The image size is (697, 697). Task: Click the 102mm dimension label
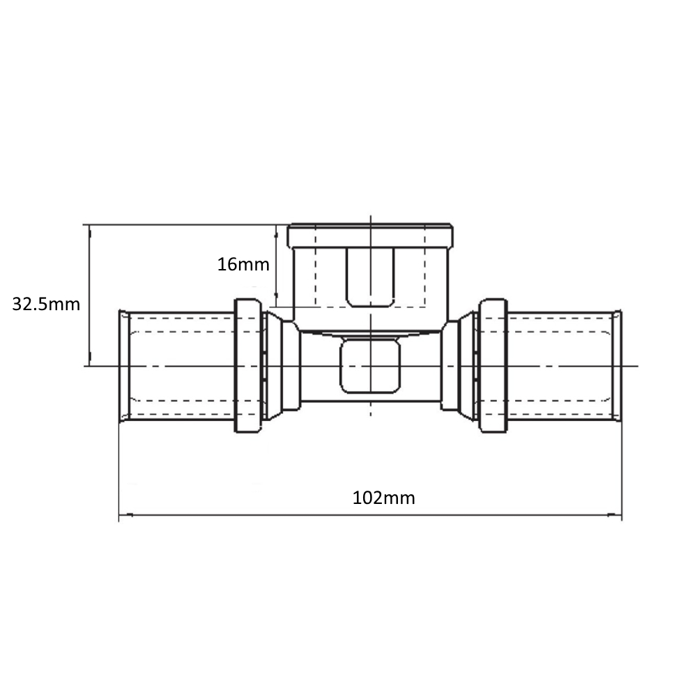[383, 498]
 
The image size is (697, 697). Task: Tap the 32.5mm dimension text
[46, 305]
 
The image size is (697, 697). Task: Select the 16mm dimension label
[243, 264]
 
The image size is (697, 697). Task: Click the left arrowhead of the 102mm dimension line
[126, 515]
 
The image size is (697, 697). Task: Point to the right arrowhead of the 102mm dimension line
[615, 515]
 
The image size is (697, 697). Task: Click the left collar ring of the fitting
[247, 366]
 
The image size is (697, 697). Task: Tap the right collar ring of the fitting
[493, 366]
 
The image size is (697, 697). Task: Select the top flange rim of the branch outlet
[370, 236]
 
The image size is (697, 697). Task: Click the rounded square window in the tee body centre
[370, 365]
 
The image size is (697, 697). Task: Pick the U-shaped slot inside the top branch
[370, 277]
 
